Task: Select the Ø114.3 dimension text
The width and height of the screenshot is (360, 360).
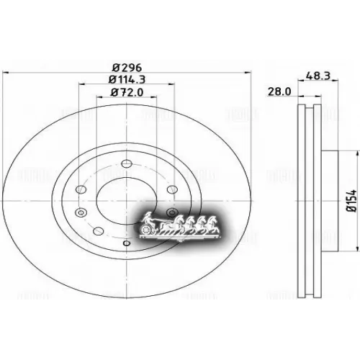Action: click(125, 79)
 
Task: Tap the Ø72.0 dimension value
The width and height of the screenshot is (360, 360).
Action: click(125, 93)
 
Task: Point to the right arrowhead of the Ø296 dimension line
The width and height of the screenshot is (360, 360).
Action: click(245, 72)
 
